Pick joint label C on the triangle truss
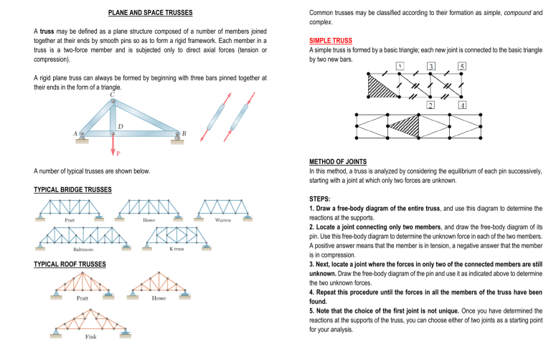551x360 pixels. point(112,93)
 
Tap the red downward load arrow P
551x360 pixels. point(113,146)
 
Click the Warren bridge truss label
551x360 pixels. point(224,221)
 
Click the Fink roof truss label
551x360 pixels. point(91,337)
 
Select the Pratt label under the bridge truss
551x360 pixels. point(70,221)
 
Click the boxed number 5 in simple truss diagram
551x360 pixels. point(463,67)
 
